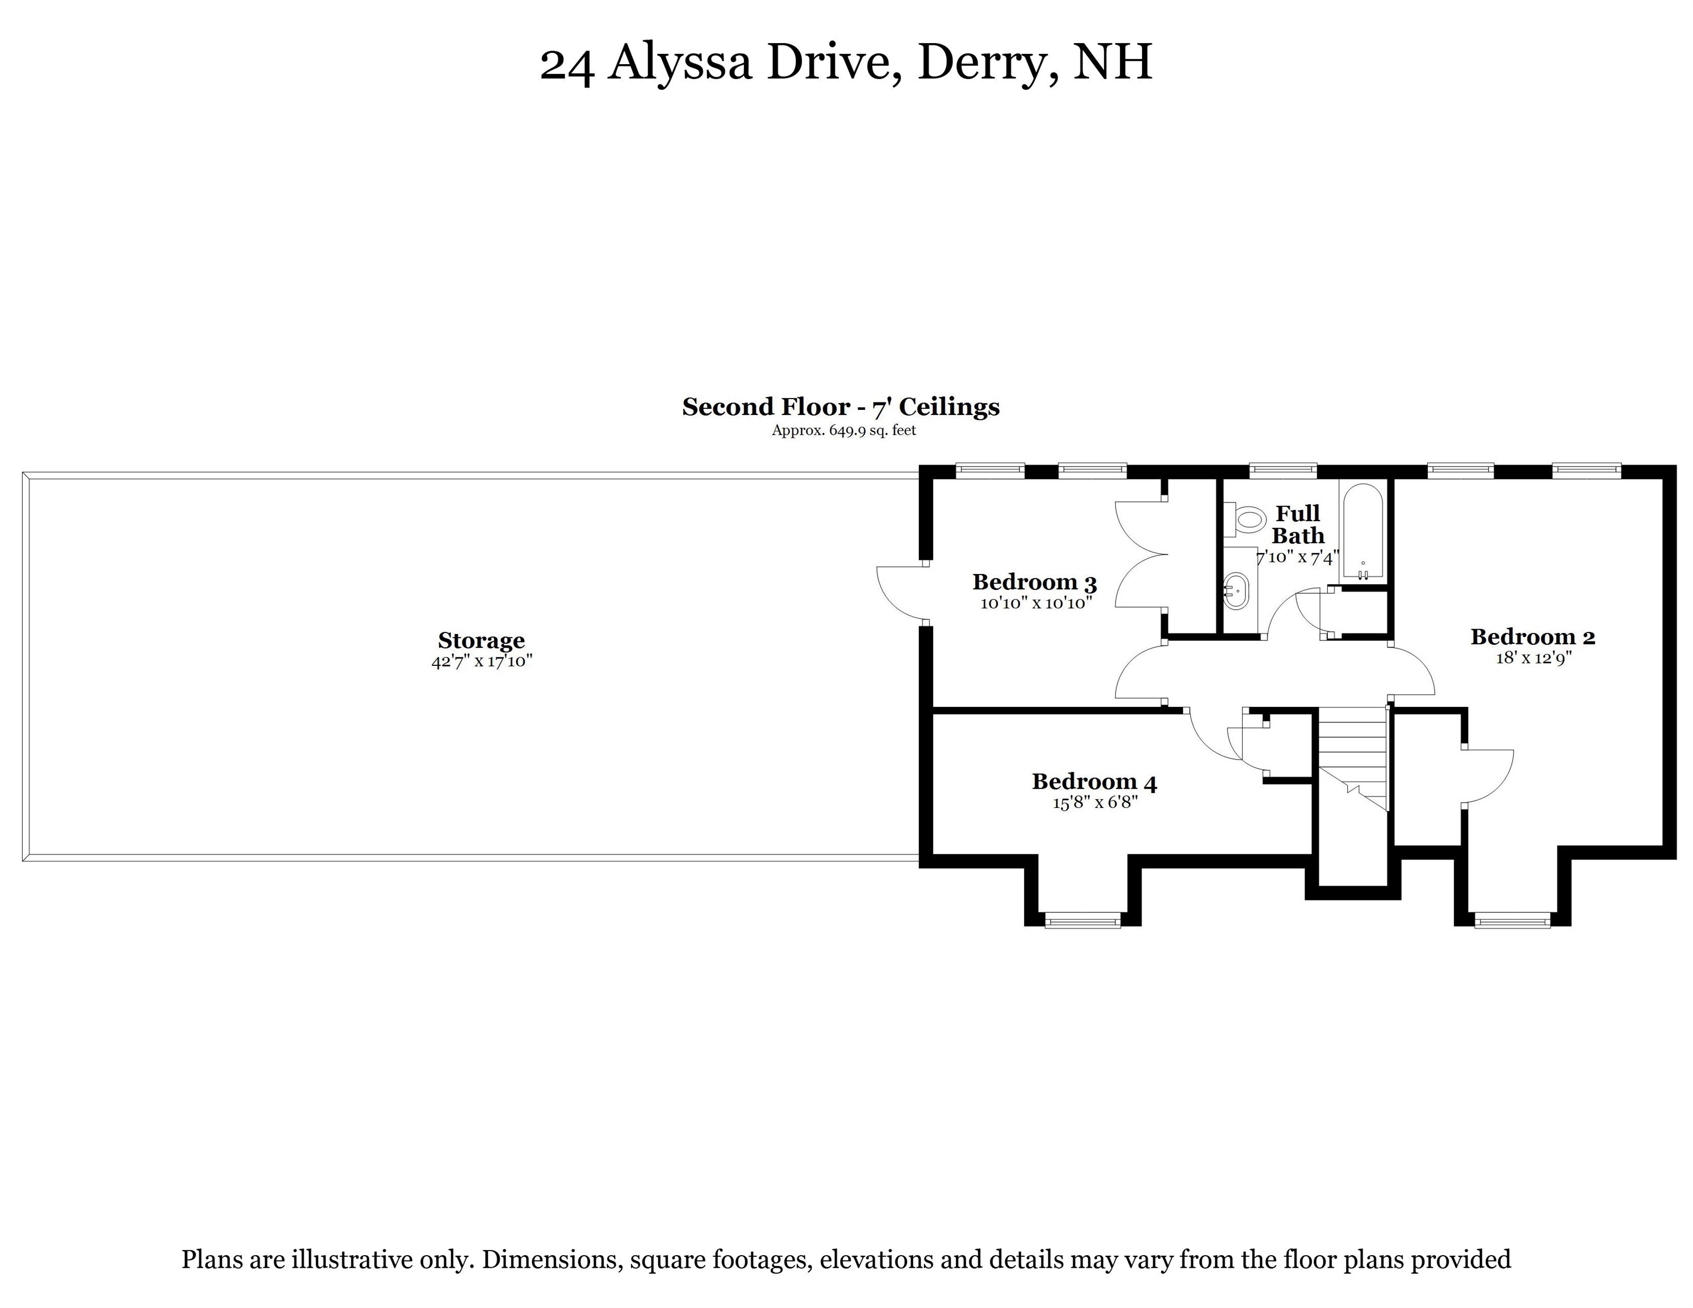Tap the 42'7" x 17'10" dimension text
482,661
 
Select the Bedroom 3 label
1034,581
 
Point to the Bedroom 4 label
1094,782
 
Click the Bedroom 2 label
1532,636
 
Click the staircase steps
1353,752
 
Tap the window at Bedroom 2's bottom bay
1512,921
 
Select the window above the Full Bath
1283,469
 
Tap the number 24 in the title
567,64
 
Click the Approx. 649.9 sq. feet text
843,430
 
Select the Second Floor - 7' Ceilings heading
841,407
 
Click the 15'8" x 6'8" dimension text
1094,803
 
